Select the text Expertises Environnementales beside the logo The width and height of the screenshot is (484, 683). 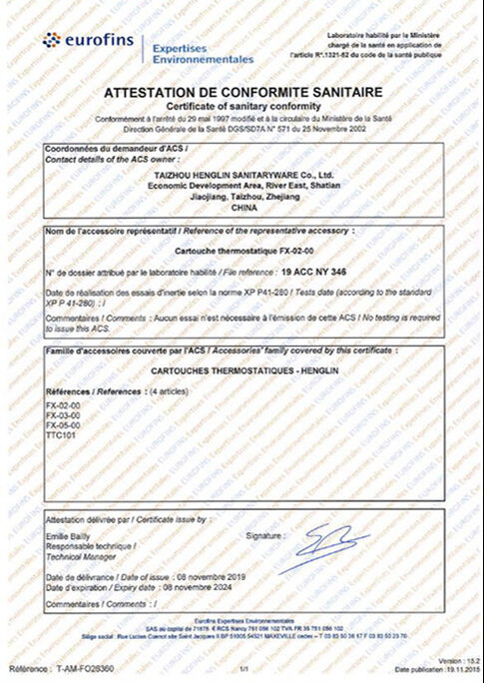[x=200, y=53]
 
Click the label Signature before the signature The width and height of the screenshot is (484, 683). [x=263, y=536]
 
